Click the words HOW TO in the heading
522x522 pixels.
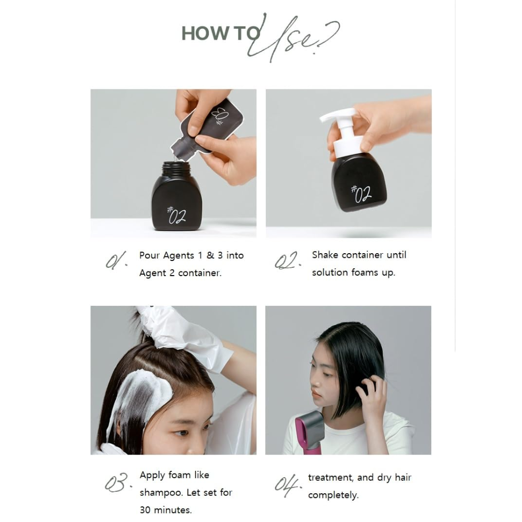coord(221,33)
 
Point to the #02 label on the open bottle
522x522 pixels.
coord(176,215)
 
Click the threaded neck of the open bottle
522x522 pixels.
coord(176,169)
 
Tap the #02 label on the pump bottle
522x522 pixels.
coord(361,194)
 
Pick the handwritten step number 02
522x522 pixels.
coord(288,260)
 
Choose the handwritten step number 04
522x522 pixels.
coord(288,485)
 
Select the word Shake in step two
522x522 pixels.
coord(325,255)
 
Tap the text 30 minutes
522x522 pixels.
coord(165,509)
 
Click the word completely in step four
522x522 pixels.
coord(333,495)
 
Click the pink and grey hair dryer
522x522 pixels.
coord(309,432)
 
